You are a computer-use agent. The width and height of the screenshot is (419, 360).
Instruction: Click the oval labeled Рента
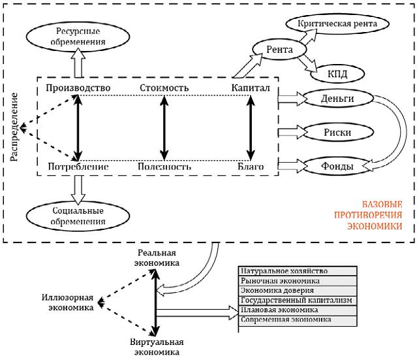pyautogui.click(x=279, y=50)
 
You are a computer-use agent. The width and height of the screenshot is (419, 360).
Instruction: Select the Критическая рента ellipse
pyautogui.click(x=337, y=24)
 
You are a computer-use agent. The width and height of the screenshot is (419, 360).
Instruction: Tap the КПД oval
pyautogui.click(x=337, y=73)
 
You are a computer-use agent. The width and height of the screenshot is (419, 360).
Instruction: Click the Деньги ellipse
pyautogui.click(x=337, y=99)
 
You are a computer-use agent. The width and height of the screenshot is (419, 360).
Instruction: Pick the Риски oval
pyautogui.click(x=337, y=132)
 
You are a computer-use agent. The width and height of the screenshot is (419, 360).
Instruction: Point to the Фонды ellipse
pyautogui.click(x=337, y=166)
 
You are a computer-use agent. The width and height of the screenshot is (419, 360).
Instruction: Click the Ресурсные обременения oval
pyautogui.click(x=78, y=37)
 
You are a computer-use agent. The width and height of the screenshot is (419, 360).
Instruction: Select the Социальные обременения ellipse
pyautogui.click(x=78, y=216)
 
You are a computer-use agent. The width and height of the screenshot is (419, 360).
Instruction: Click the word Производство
pyautogui.click(x=78, y=88)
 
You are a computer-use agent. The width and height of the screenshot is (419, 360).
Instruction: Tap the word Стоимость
pyautogui.click(x=164, y=88)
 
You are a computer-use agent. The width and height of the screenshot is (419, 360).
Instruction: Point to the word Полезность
pyautogui.click(x=164, y=167)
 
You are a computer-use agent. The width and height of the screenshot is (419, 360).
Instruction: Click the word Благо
pyautogui.click(x=251, y=167)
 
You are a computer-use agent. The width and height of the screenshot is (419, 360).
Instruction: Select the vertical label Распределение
pyautogui.click(x=14, y=127)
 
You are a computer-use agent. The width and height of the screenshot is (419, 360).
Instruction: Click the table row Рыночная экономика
pyautogui.click(x=298, y=281)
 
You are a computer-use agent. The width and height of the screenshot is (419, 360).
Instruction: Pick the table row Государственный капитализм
pyautogui.click(x=298, y=301)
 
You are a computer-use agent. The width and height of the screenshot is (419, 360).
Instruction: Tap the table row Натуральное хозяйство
pyautogui.click(x=298, y=271)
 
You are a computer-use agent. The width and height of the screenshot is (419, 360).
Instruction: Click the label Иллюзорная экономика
pyautogui.click(x=68, y=303)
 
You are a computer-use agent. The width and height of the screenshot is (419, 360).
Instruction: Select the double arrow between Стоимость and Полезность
pyautogui.click(x=164, y=128)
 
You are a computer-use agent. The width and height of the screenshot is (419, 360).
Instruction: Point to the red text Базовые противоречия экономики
pyautogui.click(x=368, y=215)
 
